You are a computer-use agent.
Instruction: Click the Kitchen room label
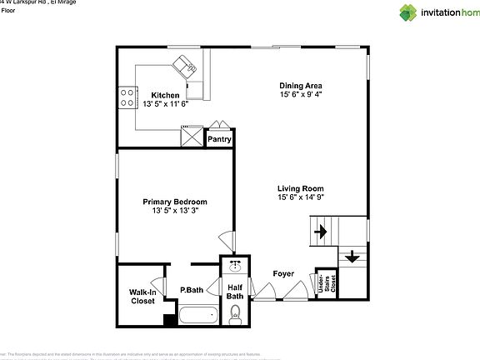164,95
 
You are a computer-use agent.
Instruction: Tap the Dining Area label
300,85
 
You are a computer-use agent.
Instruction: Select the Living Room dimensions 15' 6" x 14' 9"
300,197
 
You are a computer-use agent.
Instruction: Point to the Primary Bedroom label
174,202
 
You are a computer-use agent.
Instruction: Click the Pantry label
219,139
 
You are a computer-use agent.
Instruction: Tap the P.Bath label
192,290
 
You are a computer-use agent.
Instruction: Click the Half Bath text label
236,292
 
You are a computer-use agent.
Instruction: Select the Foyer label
283,273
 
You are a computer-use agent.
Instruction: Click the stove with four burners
127,98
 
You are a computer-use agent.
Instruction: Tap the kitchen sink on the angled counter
184,66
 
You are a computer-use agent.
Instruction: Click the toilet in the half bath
236,313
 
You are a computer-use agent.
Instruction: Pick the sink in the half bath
236,267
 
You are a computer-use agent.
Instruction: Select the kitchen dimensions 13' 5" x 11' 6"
164,105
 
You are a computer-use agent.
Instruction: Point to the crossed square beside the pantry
192,135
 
